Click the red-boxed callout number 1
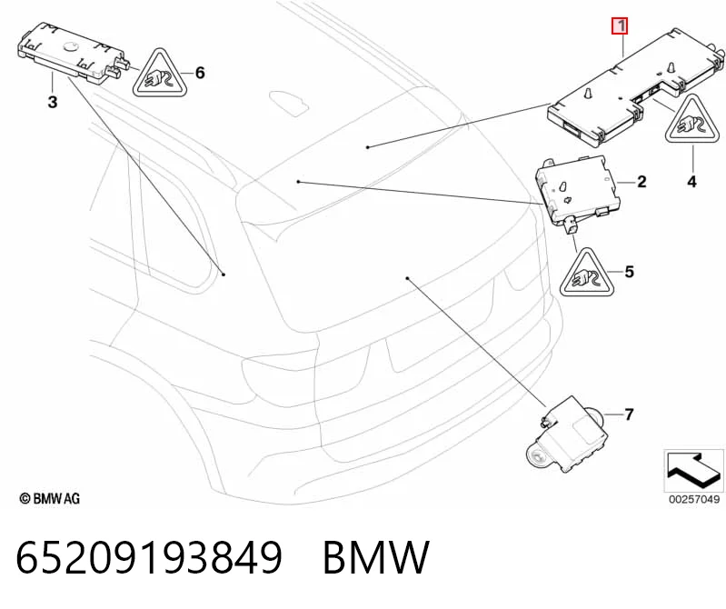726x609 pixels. [620, 25]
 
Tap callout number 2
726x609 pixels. [641, 182]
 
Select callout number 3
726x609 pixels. [53, 102]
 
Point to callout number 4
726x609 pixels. [691, 182]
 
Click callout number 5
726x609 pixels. [629, 272]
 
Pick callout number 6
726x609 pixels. [200, 73]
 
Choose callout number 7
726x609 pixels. [628, 414]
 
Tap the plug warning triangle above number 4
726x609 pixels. [693, 119]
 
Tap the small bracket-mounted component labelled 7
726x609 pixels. [565, 435]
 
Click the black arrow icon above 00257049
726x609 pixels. [693, 471]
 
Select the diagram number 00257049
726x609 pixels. [694, 499]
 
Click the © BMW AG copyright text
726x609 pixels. [50, 499]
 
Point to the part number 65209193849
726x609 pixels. [149, 557]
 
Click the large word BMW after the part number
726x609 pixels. [376, 557]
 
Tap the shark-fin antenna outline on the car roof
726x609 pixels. [289, 101]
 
